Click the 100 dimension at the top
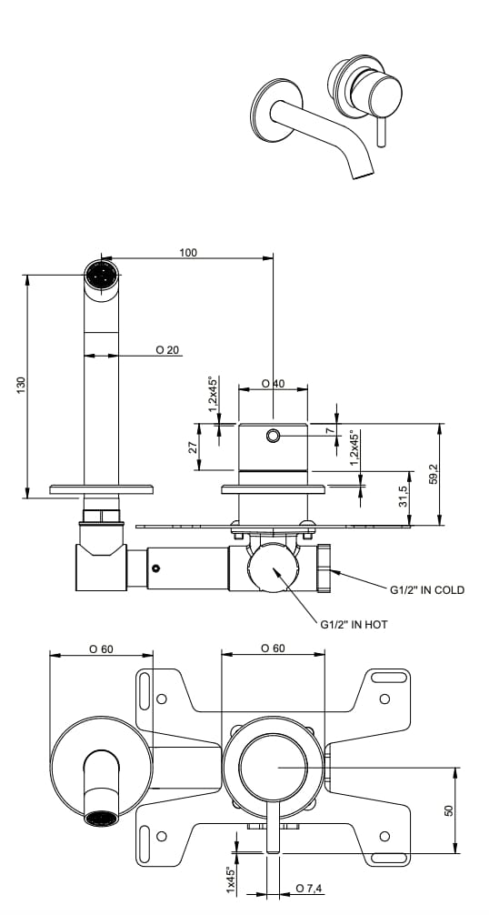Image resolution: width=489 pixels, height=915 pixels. tap(188, 252)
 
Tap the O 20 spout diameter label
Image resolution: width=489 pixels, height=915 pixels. tap(167, 349)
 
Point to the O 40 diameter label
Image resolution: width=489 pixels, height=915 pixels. tap(273, 384)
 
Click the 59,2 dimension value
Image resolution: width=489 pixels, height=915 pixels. tap(434, 474)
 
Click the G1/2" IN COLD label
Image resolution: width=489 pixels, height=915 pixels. tap(427, 589)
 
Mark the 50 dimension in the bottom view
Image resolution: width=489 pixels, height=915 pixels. tap(448, 809)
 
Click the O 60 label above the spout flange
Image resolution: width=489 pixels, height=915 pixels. tap(101, 649)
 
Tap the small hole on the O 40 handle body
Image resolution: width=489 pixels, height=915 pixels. tap(273, 437)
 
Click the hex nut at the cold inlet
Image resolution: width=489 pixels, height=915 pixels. tap(325, 569)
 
